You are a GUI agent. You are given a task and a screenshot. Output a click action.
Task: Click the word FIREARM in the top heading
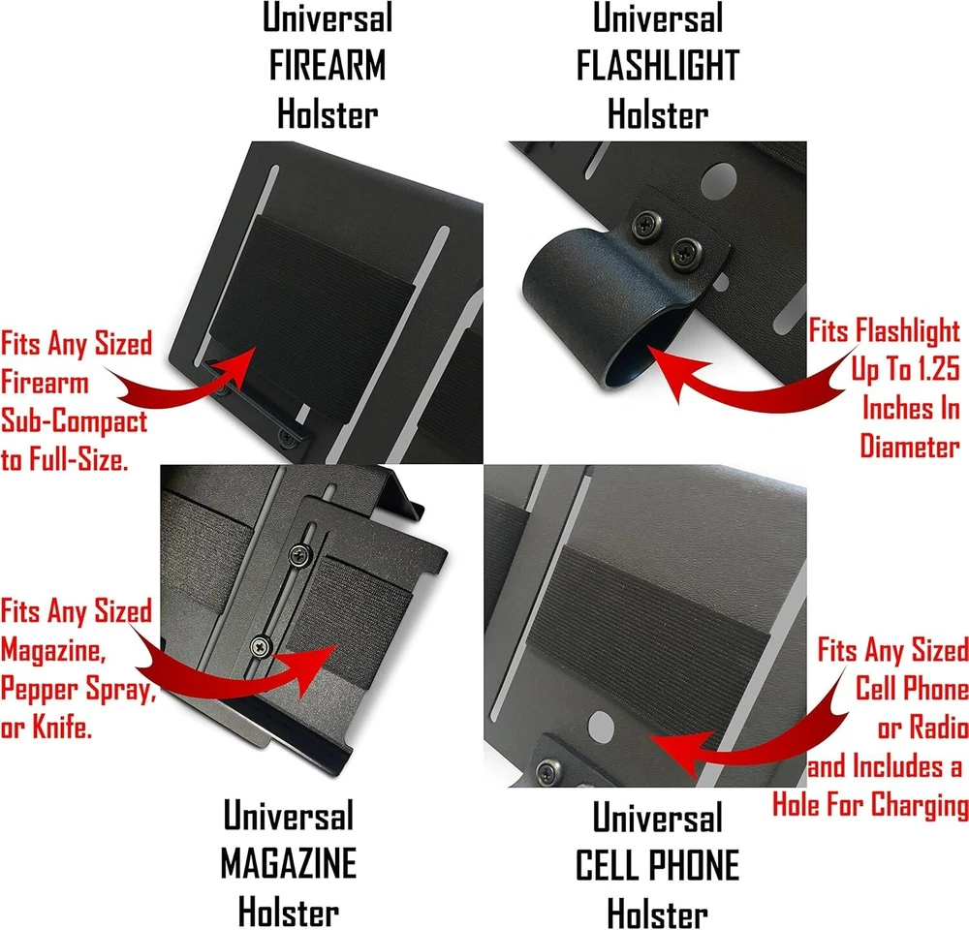tap(327, 66)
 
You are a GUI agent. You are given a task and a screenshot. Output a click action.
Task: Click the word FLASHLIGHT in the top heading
tap(658, 66)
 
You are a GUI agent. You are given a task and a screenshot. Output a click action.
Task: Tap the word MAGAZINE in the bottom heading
tap(289, 863)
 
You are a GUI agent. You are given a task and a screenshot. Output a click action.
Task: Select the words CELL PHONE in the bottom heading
tap(658, 865)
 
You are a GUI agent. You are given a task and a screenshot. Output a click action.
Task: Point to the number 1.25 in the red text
tap(937, 369)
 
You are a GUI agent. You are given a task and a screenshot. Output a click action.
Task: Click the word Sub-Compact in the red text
tap(75, 421)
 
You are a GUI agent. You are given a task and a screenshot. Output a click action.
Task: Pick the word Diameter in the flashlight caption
tap(910, 447)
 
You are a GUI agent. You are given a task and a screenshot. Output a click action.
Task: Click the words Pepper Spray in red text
tap(77, 689)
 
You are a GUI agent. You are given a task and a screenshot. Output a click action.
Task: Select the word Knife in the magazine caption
tap(61, 727)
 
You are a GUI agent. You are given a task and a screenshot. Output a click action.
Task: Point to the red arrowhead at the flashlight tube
tap(669, 371)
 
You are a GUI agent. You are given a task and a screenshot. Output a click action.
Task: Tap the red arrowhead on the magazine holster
tap(313, 669)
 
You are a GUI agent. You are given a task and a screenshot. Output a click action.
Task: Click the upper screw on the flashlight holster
tap(646, 224)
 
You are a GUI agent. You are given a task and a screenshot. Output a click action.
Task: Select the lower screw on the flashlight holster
tap(685, 253)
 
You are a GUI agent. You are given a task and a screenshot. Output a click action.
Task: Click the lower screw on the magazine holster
tap(262, 646)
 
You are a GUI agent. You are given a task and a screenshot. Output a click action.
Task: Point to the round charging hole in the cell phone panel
tap(601, 726)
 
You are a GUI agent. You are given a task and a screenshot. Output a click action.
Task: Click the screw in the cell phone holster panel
tap(547, 771)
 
